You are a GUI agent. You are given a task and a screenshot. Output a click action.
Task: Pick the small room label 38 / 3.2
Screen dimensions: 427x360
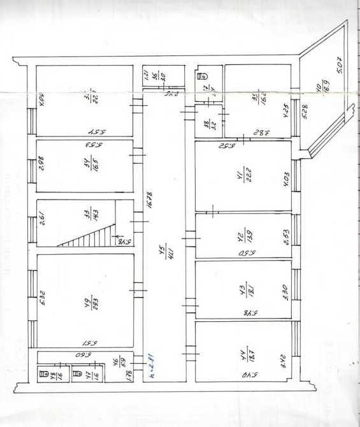click(206, 125)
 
